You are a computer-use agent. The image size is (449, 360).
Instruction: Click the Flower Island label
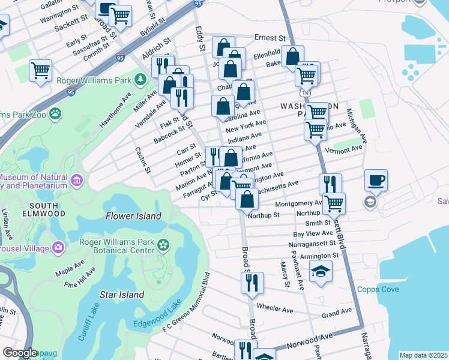click(133, 215)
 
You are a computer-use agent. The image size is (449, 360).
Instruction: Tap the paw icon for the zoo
click(55, 113)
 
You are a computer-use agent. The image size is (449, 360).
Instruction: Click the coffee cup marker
click(376, 179)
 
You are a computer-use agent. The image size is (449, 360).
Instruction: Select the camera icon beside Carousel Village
click(58, 247)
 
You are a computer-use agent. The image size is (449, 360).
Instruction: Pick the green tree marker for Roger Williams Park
click(140, 79)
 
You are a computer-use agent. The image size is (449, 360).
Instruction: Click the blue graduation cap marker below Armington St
click(321, 272)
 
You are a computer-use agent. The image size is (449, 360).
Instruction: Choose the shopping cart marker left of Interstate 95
click(41, 70)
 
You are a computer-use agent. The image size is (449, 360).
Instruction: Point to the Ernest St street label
click(268, 37)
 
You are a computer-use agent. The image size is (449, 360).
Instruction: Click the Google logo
click(20, 353)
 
